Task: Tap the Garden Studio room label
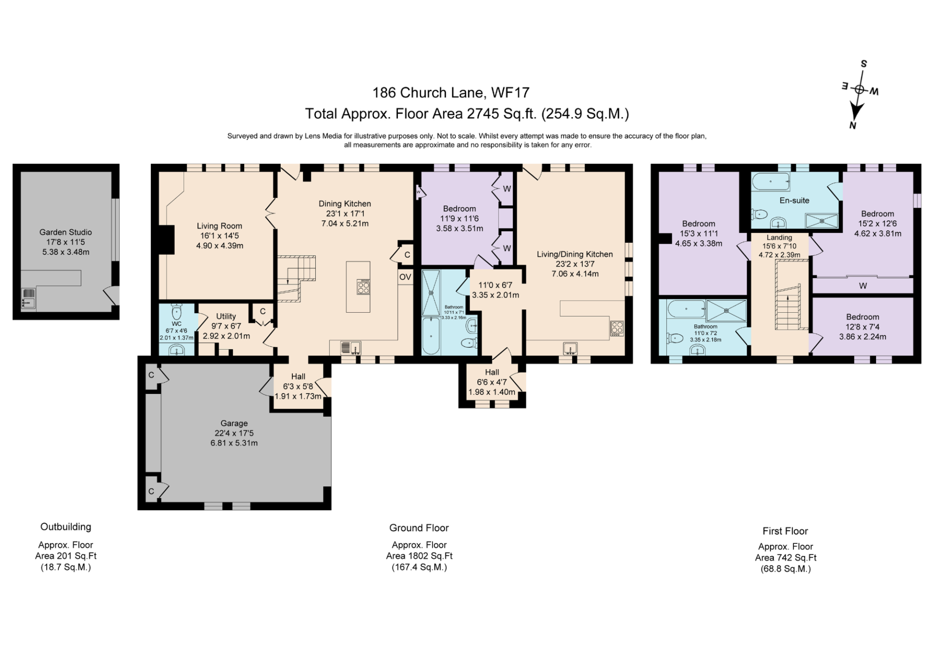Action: point(66,232)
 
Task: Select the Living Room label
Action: point(219,226)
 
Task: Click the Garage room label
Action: point(234,423)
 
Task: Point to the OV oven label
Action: point(405,277)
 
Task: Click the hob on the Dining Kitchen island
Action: point(363,286)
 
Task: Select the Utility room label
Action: point(226,316)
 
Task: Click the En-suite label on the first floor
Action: point(794,200)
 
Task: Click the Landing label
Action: point(779,237)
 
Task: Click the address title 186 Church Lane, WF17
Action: point(451,92)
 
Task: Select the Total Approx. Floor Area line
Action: point(467,114)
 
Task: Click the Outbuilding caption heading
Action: point(66,527)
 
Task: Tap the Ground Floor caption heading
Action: point(419,528)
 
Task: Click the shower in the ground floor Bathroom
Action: point(431,293)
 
